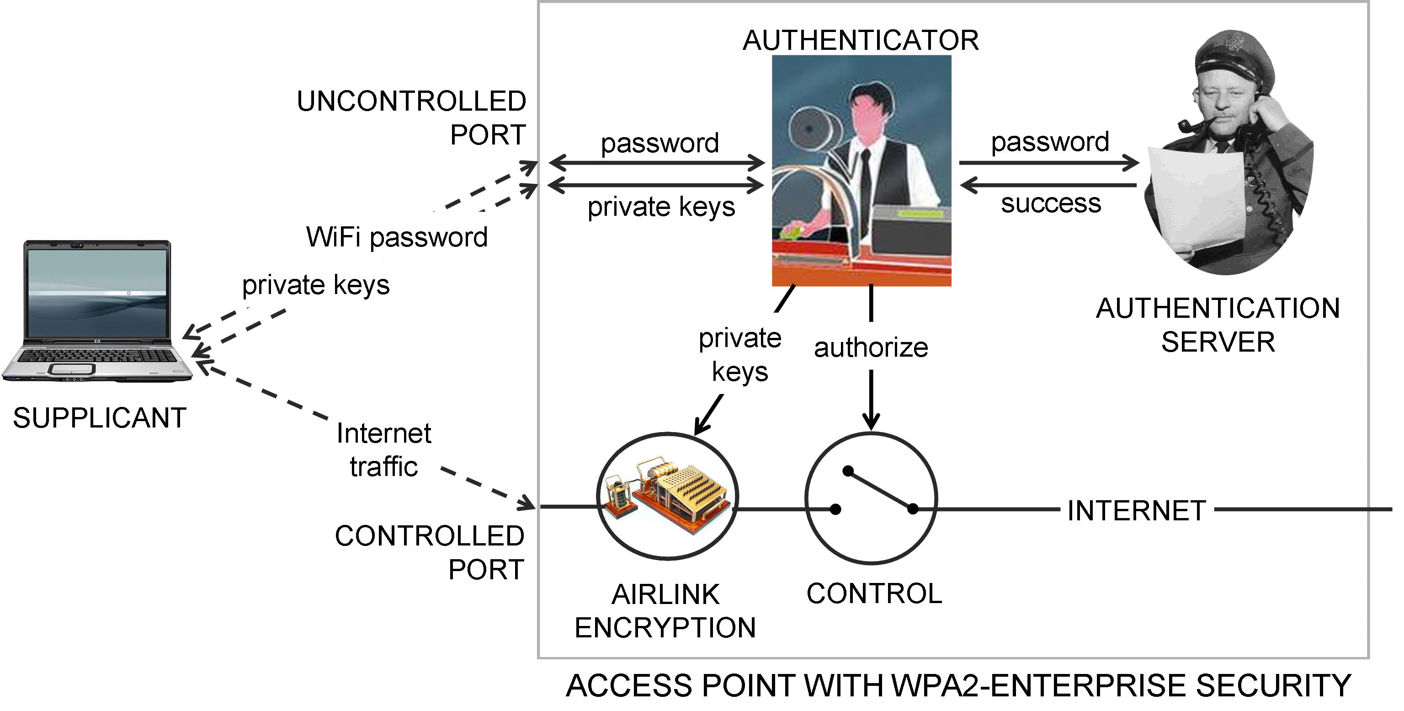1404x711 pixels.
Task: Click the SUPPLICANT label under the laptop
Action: tap(100, 418)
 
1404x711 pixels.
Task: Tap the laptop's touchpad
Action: tap(71, 369)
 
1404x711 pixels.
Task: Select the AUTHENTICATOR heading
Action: tap(861, 40)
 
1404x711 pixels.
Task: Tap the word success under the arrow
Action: tap(1051, 203)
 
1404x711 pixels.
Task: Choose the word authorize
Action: tap(870, 348)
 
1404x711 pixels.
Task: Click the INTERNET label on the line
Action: tap(1136, 511)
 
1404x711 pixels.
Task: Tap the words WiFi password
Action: tap(397, 237)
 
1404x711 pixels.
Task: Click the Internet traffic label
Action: tap(384, 450)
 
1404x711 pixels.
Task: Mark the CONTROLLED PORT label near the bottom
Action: tap(430, 552)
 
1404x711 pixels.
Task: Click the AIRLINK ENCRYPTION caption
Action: tap(665, 611)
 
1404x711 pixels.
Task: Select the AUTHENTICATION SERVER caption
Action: tap(1218, 325)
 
